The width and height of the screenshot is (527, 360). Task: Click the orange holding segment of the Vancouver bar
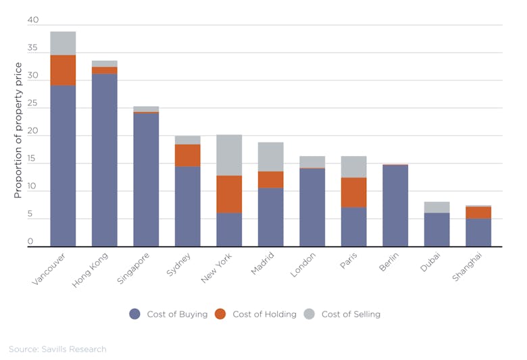click(x=63, y=70)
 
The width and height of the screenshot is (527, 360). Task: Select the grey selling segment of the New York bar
click(x=229, y=155)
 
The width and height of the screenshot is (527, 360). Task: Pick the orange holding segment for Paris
click(x=353, y=192)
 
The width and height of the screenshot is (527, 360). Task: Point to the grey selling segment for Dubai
click(x=436, y=207)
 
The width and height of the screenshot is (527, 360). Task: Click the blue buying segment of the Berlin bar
click(x=395, y=205)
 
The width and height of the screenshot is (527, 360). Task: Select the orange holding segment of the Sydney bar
click(x=187, y=155)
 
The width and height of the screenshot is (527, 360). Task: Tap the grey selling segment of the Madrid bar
click(x=270, y=157)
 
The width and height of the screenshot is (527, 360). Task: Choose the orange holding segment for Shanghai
click(x=478, y=212)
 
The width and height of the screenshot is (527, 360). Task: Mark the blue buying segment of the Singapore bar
click(x=146, y=180)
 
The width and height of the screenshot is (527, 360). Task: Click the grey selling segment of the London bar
click(x=312, y=161)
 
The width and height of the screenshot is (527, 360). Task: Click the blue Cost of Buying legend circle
click(x=134, y=314)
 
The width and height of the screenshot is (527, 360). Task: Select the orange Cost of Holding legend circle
click(x=220, y=314)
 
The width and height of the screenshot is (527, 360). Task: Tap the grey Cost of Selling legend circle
click(x=309, y=314)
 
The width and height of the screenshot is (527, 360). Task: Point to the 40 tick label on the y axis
click(x=33, y=20)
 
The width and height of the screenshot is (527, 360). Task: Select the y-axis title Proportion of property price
click(x=18, y=130)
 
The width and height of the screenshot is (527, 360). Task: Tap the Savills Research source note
click(x=57, y=349)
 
